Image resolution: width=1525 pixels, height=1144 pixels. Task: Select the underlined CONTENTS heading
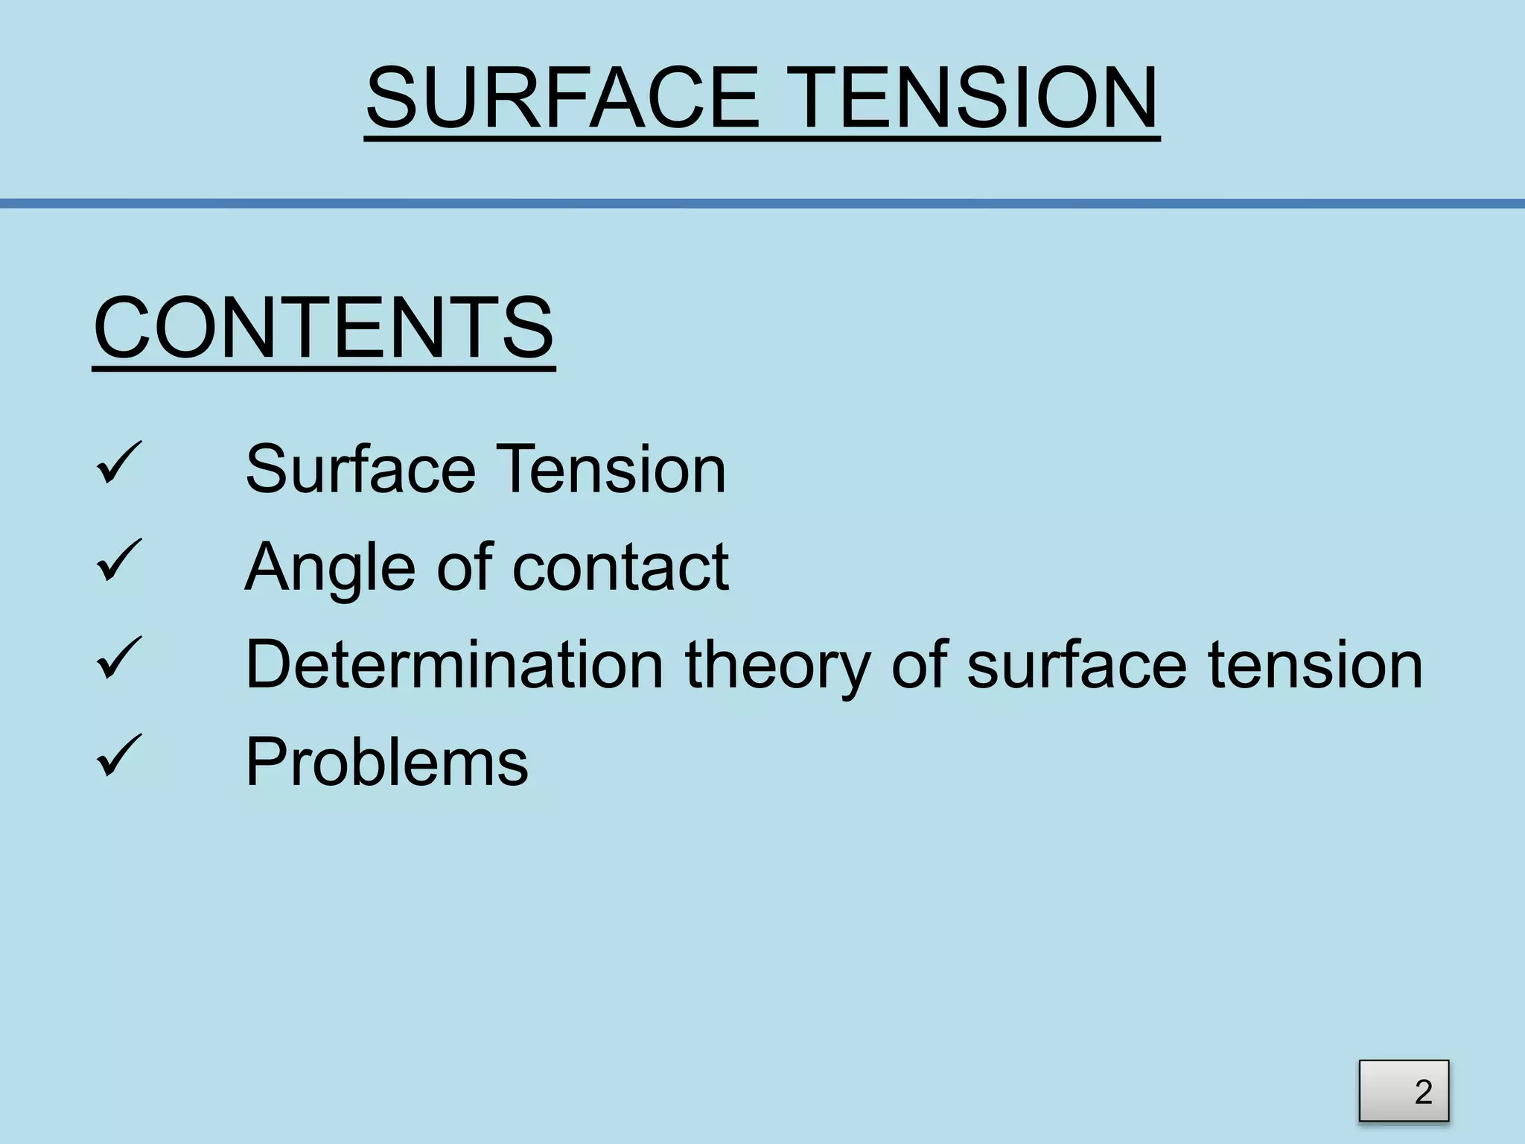pyautogui.click(x=323, y=328)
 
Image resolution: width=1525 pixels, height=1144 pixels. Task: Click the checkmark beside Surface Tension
pyautogui.click(x=118, y=463)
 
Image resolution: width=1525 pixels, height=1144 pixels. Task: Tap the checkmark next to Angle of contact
pyautogui.click(x=118, y=561)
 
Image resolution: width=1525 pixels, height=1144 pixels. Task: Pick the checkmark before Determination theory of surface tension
pyautogui.click(x=118, y=658)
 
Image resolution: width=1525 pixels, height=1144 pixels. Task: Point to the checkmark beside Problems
pyautogui.click(x=118, y=756)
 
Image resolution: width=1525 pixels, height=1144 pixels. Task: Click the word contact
pyautogui.click(x=620, y=568)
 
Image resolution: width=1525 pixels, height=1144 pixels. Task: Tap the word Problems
pyautogui.click(x=386, y=762)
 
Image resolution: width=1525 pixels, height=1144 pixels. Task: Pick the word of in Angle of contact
pyautogui.click(x=464, y=568)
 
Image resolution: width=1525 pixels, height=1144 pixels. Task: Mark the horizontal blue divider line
pyautogui.click(x=762, y=203)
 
